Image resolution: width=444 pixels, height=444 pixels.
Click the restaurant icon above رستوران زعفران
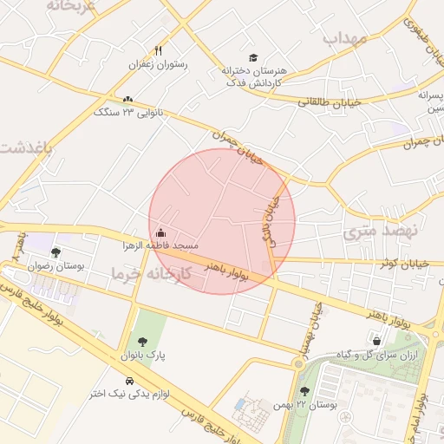157,50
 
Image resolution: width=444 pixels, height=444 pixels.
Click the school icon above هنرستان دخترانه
252,57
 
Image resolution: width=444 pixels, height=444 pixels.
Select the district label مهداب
346,39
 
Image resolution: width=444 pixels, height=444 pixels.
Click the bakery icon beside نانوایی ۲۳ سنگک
128,100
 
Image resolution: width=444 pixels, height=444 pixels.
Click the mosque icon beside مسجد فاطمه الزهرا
161,233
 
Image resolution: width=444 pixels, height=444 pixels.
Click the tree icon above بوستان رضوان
56,252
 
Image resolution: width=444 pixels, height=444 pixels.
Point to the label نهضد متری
380,231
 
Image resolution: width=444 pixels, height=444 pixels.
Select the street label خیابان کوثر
398,262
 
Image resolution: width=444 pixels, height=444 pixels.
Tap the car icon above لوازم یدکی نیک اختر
129,381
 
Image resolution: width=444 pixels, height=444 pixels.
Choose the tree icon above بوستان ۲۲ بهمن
304,391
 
